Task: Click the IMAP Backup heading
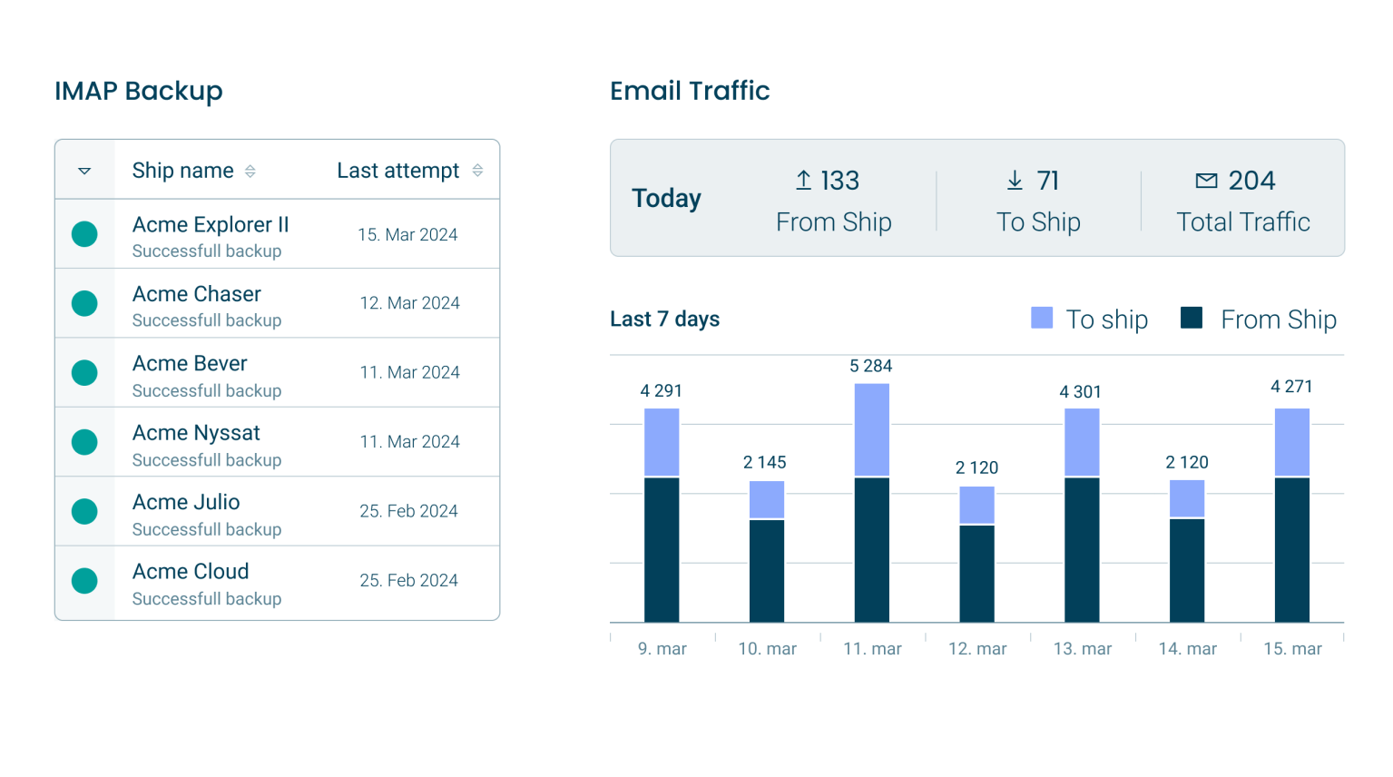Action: (x=138, y=91)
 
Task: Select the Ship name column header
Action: (x=182, y=171)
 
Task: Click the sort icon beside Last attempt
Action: (x=477, y=171)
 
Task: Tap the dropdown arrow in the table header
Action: (x=84, y=171)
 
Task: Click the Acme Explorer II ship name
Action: (x=211, y=224)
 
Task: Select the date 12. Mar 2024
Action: (x=409, y=303)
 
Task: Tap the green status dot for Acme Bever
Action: (x=84, y=373)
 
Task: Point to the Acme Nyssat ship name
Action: (x=196, y=433)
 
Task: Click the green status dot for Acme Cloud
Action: (x=84, y=581)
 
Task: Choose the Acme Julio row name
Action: (x=186, y=502)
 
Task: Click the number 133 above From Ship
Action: (x=839, y=181)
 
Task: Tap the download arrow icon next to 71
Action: (x=1015, y=181)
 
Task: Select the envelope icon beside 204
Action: (x=1206, y=181)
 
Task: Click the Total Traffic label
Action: (x=1242, y=222)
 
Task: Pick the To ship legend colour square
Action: (x=1042, y=318)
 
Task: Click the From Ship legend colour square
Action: (x=1191, y=318)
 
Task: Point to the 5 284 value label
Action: (x=870, y=367)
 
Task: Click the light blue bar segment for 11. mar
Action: (x=871, y=429)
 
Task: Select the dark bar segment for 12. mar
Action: (x=976, y=574)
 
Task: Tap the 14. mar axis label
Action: (x=1187, y=649)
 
